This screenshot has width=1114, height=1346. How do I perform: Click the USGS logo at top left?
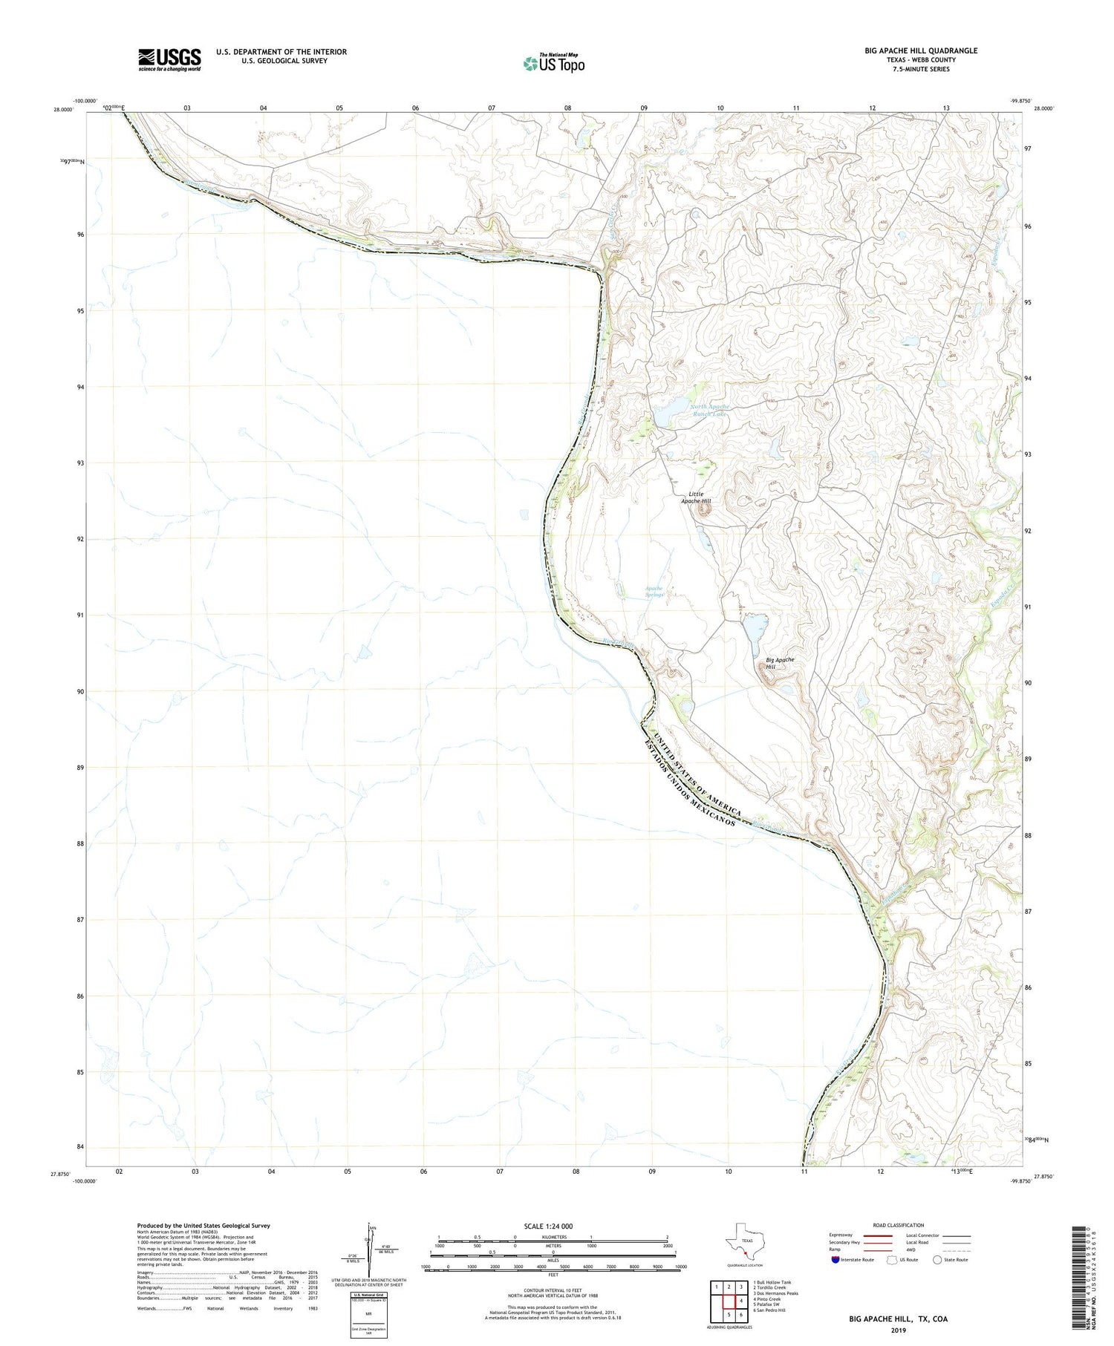[169, 59]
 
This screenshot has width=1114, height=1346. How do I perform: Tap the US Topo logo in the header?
[554, 64]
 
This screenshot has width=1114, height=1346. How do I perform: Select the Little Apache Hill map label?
[696, 497]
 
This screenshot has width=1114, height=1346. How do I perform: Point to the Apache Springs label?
[654, 592]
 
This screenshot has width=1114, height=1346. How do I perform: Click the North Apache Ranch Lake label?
[700, 411]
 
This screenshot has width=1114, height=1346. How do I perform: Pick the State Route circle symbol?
[938, 1260]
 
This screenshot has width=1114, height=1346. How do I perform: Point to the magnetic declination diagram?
[369, 1248]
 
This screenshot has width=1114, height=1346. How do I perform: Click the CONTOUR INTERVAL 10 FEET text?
[553, 1288]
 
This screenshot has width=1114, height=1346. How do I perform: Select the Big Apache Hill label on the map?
[780, 663]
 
